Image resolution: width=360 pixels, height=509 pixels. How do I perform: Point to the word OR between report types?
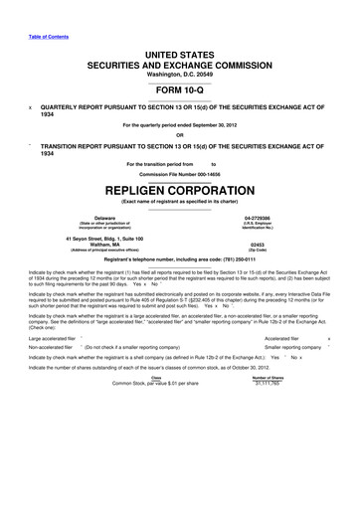click(x=180, y=136)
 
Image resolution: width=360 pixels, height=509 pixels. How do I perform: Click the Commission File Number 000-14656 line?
click(x=180, y=172)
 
